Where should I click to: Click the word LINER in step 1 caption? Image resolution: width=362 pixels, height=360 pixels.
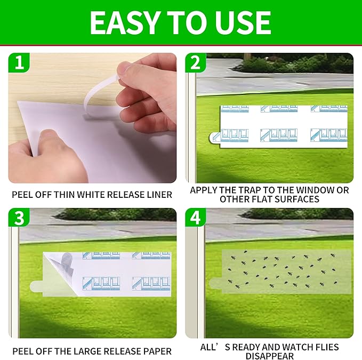click(157, 195)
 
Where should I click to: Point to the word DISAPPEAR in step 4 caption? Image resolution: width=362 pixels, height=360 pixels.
click(269, 356)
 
